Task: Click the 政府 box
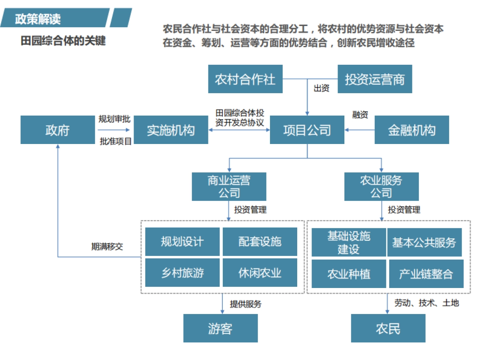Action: (x=57, y=130)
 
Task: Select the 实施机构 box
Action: (x=171, y=130)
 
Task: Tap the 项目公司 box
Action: (x=307, y=130)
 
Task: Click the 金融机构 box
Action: (x=412, y=130)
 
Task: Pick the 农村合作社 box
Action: (x=245, y=79)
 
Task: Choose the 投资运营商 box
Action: (x=375, y=79)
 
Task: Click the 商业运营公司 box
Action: (x=229, y=186)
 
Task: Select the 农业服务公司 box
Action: (x=381, y=186)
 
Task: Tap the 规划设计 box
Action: (x=182, y=242)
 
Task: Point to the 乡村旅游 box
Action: (x=182, y=273)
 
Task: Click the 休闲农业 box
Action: (x=260, y=273)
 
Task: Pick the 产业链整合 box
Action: (x=426, y=274)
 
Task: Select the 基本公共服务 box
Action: (x=424, y=242)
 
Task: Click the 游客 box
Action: (x=220, y=328)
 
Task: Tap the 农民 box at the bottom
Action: (x=388, y=328)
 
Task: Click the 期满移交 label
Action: (x=107, y=247)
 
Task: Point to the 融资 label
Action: (x=360, y=115)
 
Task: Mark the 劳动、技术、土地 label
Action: (x=426, y=303)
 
